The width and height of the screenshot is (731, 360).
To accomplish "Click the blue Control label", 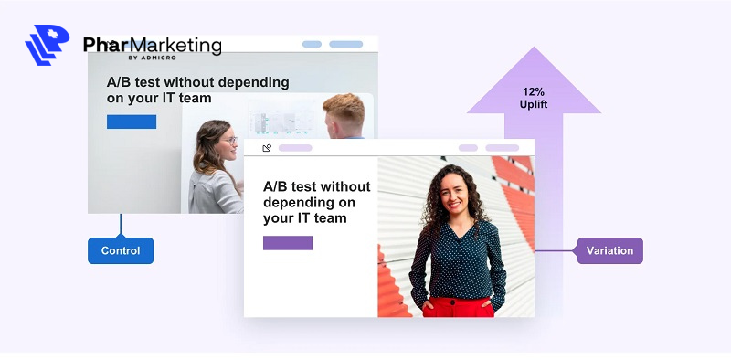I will point(121,250).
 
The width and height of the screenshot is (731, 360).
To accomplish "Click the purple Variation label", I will point(609,250).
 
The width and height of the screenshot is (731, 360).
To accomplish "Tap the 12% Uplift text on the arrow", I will point(535,98).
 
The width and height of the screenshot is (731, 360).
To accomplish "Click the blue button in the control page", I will point(132,122).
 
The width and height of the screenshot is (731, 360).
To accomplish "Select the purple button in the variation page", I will point(288,243).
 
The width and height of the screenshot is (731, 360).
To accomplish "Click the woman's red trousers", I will point(457,307).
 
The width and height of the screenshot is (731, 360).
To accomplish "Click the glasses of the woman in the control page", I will point(229,141).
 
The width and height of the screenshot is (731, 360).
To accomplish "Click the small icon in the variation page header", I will point(267,148).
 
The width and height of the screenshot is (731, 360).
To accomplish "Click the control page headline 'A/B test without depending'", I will point(197,82).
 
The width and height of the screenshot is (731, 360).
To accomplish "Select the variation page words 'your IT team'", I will point(304,218).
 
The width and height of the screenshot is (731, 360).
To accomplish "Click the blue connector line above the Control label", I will point(121,226).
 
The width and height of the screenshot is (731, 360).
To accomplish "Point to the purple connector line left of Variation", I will point(556,250).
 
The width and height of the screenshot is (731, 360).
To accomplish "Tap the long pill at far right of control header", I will point(345,44).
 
